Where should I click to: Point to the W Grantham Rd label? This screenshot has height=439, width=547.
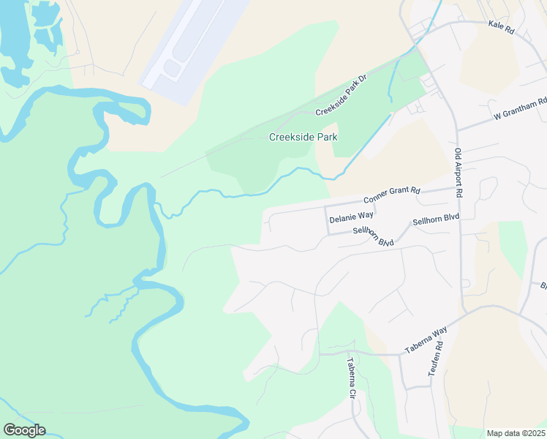pos(520,110)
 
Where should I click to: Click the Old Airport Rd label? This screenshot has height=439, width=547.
pos(459,173)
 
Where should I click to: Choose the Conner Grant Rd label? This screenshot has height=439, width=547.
pos(392,195)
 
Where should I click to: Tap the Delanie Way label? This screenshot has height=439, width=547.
pos(351,217)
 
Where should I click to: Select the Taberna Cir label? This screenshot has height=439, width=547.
pos(351,378)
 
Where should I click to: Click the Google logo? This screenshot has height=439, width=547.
pos(24,430)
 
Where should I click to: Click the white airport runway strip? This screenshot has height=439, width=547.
pos(196,40)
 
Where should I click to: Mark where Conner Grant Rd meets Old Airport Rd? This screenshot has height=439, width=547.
pos(460,187)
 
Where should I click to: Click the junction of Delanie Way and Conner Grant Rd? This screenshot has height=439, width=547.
pos(325,206)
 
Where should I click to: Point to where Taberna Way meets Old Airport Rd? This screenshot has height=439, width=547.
pos(464,314)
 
